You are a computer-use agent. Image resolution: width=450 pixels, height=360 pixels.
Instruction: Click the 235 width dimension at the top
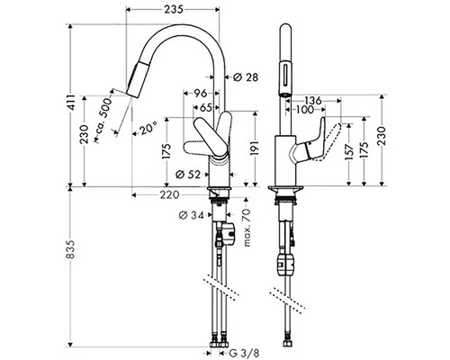(x=173, y=10)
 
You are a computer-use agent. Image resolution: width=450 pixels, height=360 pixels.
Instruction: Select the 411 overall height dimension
(x=71, y=103)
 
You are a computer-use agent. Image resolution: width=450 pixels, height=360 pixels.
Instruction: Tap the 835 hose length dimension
(x=70, y=249)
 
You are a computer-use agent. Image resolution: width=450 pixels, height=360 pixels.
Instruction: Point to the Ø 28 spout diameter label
(x=246, y=77)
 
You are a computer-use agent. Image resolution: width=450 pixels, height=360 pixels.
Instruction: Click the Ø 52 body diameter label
(x=188, y=175)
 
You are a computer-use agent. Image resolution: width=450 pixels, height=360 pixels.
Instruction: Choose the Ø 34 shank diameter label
(x=191, y=215)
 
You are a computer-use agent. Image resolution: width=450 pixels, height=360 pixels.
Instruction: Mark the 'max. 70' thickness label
(x=247, y=227)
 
